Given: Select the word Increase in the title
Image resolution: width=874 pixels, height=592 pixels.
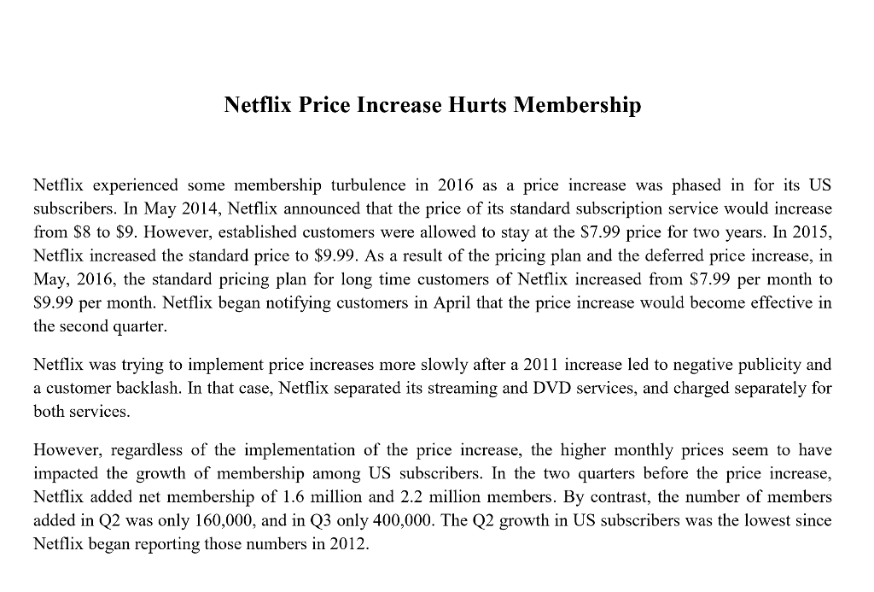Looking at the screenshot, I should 397,105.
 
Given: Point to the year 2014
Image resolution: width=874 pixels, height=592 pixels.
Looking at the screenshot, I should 189,208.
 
